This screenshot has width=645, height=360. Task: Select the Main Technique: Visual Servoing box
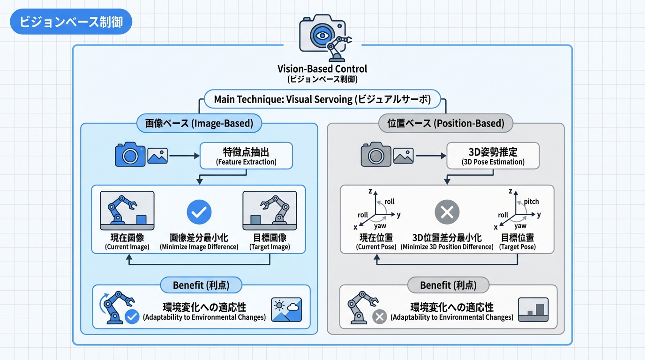tap(322, 99)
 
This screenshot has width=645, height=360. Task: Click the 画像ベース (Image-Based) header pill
tap(199, 123)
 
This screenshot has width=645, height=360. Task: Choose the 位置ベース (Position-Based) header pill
tap(446, 123)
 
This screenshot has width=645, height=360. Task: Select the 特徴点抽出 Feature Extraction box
tap(246, 156)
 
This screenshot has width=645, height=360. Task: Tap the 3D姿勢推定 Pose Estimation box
tap(493, 156)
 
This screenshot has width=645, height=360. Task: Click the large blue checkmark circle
tap(199, 212)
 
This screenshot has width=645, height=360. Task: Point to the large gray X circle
tap(447, 213)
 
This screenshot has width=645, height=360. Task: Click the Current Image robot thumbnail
tap(127, 210)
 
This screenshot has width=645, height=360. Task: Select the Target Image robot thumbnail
tap(270, 210)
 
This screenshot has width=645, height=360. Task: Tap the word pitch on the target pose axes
tap(531, 202)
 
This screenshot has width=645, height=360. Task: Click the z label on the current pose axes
tap(370, 191)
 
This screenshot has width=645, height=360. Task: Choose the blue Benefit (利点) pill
tap(201, 285)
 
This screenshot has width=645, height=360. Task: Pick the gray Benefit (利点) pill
tap(448, 285)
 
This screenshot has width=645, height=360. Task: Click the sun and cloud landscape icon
tap(286, 309)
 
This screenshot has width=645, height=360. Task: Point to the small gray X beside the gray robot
tap(379, 317)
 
